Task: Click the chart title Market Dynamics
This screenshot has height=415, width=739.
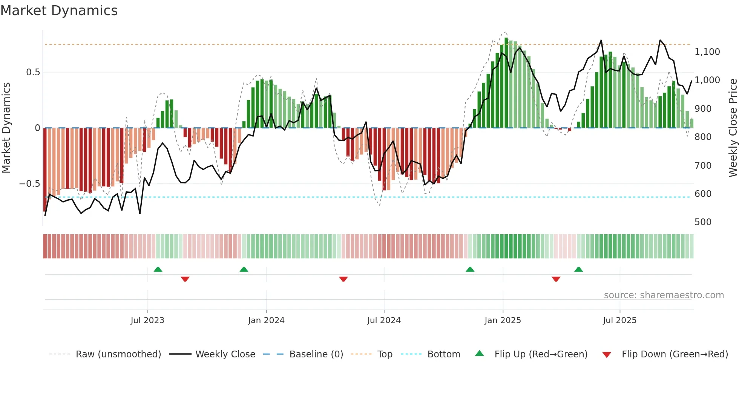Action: click(59, 11)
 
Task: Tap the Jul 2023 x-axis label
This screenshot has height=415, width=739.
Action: click(147, 320)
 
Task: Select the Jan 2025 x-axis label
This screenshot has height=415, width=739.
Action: click(503, 320)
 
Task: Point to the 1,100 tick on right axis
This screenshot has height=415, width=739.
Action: click(707, 52)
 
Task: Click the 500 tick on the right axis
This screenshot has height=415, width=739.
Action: click(703, 222)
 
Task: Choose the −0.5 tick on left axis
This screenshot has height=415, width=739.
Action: click(29, 184)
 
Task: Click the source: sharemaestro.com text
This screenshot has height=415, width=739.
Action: click(664, 295)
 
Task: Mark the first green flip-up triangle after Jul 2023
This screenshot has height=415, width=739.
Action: click(158, 270)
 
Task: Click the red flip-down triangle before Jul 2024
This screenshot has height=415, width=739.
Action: click(343, 279)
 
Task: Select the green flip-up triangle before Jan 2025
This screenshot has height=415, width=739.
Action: click(470, 270)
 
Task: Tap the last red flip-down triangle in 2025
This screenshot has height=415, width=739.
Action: click(556, 279)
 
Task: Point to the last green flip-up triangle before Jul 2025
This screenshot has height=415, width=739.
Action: click(578, 270)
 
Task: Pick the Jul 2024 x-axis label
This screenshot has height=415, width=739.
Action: click(384, 320)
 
